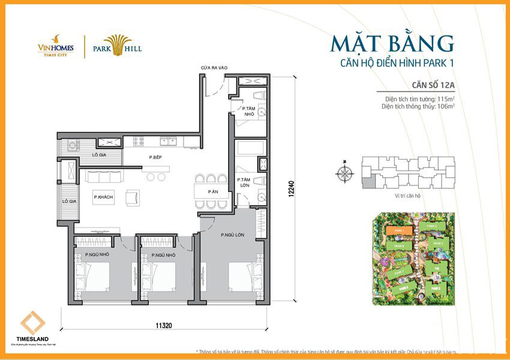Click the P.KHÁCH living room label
pos(103,197)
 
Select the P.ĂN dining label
pos(213,191)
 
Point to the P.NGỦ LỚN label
pos(232,235)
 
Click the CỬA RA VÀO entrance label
pos(214,68)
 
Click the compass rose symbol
pos(345,173)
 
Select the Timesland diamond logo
pos(32,324)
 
